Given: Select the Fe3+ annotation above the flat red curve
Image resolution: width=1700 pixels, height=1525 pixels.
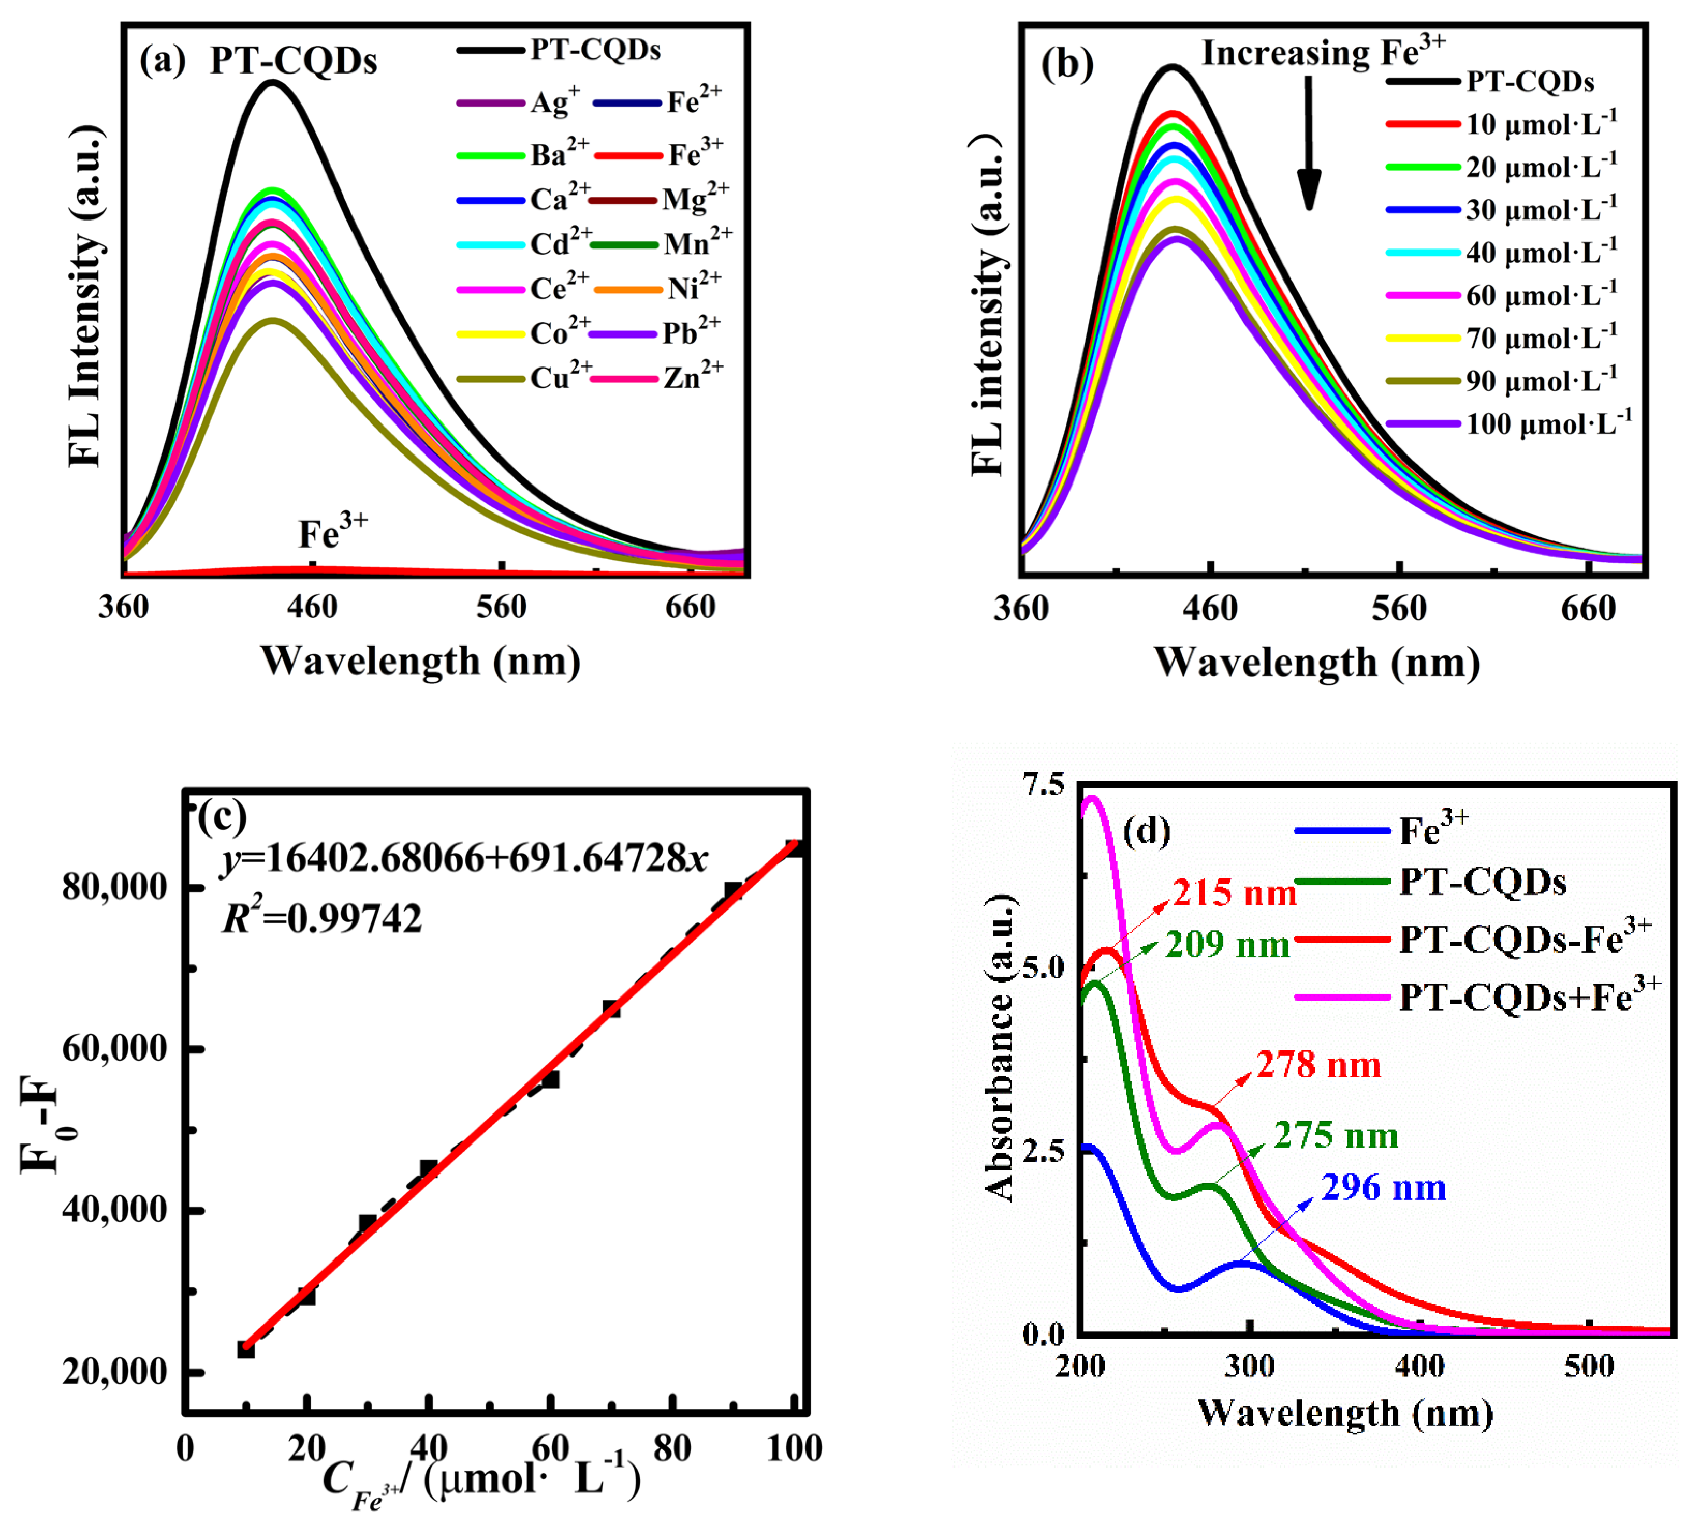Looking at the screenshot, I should click(333, 532).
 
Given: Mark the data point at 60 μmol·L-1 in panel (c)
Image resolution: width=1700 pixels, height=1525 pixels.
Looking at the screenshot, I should click(550, 1079).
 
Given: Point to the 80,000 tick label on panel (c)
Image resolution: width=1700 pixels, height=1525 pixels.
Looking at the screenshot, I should click(115, 887).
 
